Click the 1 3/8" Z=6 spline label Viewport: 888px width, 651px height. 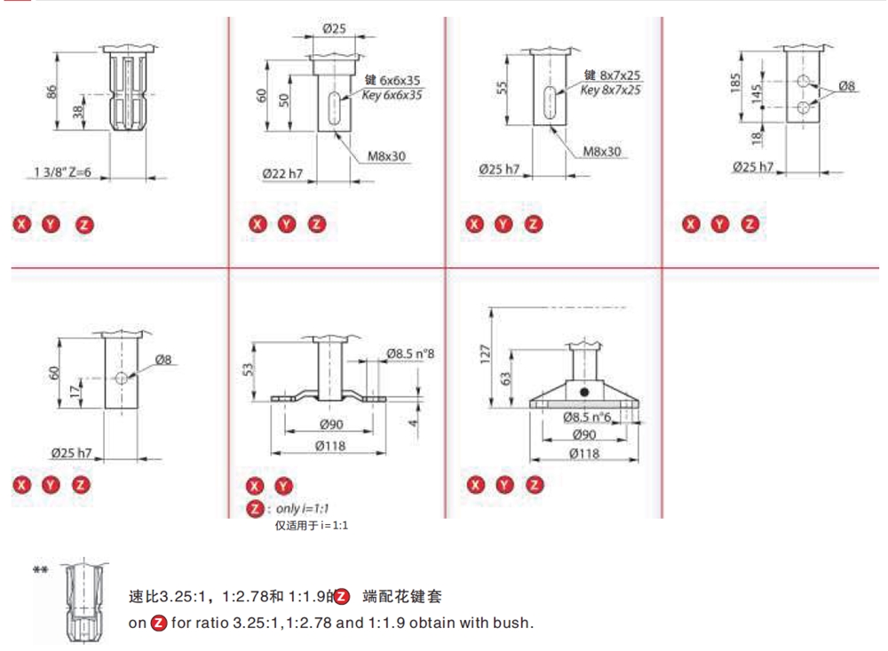pos(63,171)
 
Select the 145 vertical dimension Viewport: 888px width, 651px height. pos(757,95)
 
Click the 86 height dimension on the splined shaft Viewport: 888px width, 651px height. pos(52,92)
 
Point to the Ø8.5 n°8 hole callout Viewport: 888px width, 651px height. pos(410,354)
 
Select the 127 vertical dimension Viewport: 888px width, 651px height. pos(485,353)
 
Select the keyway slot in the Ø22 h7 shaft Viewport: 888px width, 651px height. pos(334,107)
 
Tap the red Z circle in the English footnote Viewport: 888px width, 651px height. pos(159,623)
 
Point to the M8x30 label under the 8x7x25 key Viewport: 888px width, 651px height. pos(601,152)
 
